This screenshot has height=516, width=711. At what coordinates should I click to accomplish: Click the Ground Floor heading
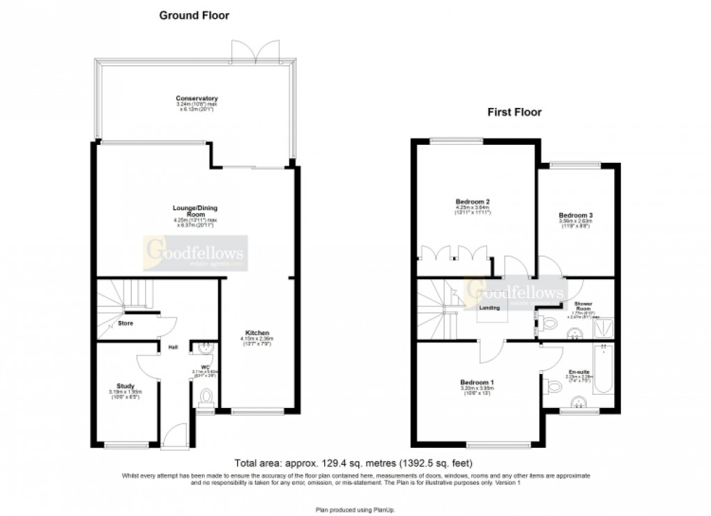(x=194, y=15)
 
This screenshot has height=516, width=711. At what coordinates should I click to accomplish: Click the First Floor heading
(x=514, y=111)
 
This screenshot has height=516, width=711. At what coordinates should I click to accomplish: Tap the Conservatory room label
(x=197, y=98)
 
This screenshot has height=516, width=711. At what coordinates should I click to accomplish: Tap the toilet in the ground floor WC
(x=205, y=397)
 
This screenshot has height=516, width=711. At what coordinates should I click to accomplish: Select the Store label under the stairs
(x=125, y=323)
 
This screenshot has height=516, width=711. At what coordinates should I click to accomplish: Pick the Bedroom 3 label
(x=576, y=215)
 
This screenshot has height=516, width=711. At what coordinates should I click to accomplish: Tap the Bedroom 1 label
(x=477, y=382)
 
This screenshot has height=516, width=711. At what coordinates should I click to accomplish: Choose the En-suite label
(x=577, y=372)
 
